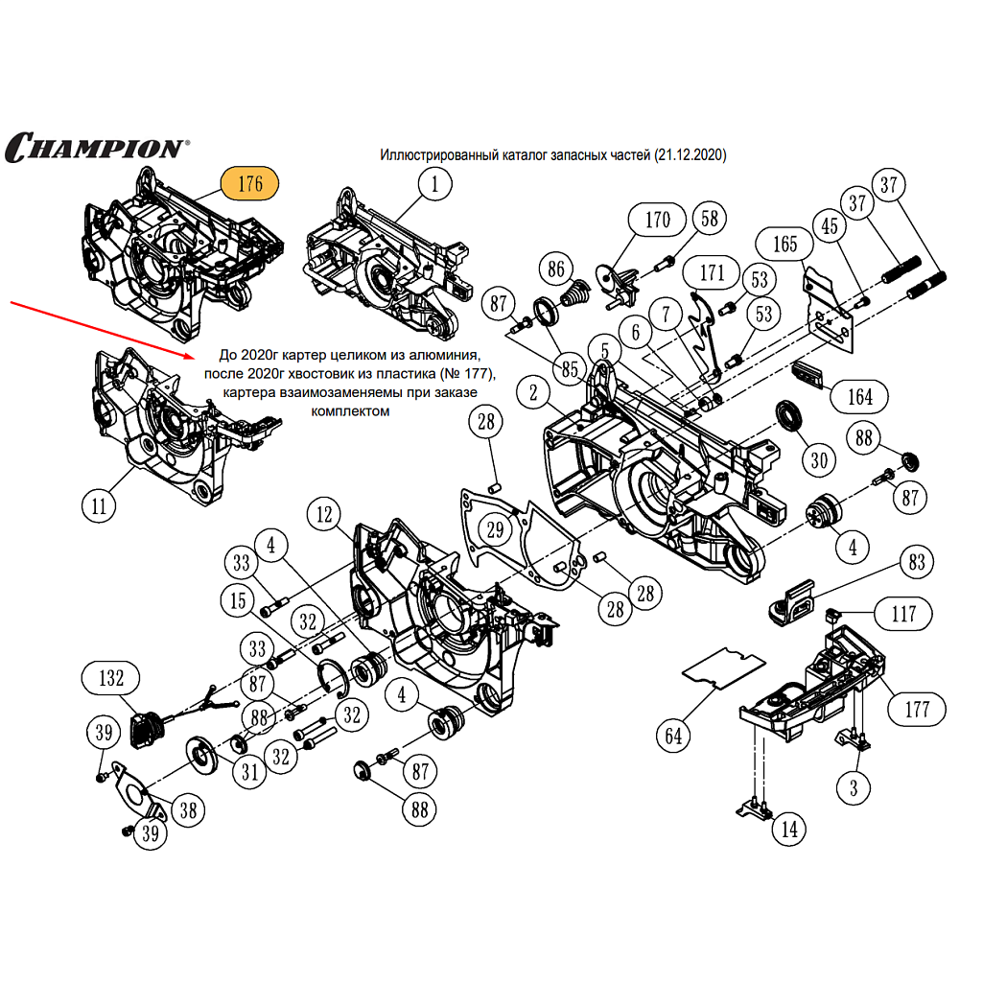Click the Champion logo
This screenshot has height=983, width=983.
coord(97,147)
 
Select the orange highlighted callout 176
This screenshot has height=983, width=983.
coord(249,183)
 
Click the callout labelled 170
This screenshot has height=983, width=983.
coord(657,220)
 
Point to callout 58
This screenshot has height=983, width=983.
coord(709,219)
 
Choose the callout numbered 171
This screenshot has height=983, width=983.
coord(712,273)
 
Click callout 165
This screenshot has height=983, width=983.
coord(784,245)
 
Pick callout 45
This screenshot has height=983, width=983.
coord(830,226)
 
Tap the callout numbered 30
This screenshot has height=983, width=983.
coord(818,460)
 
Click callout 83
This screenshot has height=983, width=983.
coord(917,563)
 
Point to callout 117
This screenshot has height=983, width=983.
coord(903,614)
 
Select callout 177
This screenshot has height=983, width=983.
coord(917,710)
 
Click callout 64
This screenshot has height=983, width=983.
coord(674,736)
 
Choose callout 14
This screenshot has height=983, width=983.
coord(788,829)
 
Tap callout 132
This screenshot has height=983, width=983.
coord(111,678)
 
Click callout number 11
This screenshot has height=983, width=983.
coord(99,505)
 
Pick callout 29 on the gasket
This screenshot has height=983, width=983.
coord(494,529)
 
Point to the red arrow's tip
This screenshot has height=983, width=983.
coord(191,355)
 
